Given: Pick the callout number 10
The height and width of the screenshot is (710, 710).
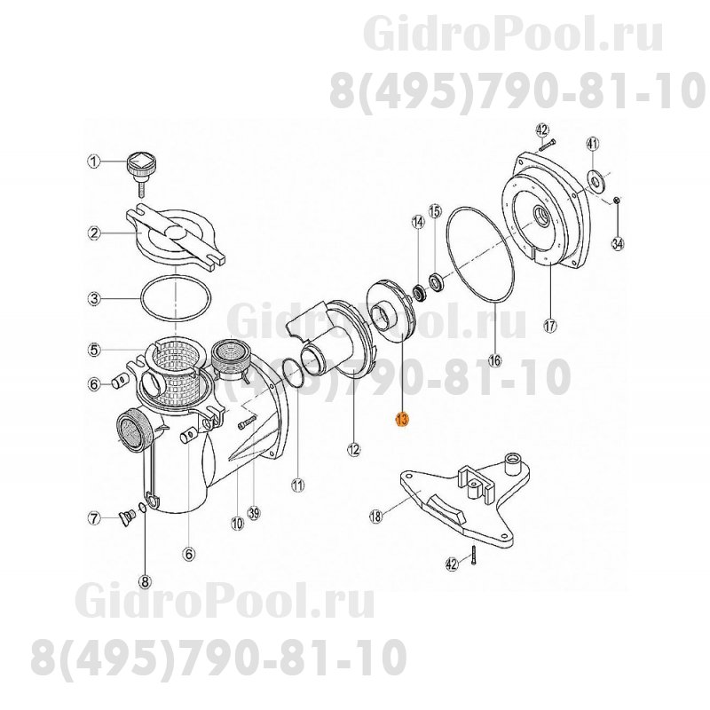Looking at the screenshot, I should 236,524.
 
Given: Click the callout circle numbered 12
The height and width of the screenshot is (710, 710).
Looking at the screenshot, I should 353,450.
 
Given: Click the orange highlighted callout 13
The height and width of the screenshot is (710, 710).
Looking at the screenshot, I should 402,420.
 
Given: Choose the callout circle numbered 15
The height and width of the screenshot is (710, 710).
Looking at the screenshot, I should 435,210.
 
